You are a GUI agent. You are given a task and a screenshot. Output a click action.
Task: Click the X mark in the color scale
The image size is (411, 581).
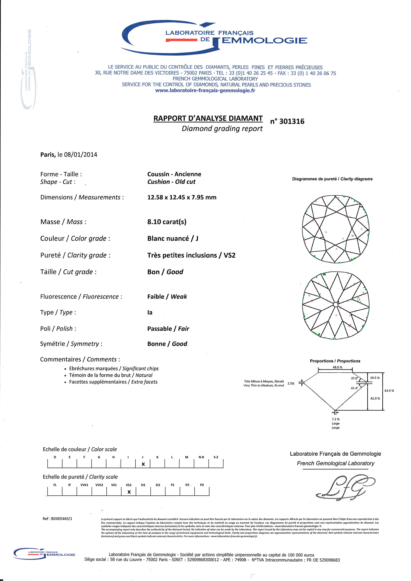point(143,464)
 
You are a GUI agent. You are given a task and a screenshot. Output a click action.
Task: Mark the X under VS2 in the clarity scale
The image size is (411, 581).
point(129,492)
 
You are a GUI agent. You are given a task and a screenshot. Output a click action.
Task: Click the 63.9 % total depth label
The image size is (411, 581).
point(389,391)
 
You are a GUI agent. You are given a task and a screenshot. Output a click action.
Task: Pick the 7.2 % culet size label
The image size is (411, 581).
point(336,419)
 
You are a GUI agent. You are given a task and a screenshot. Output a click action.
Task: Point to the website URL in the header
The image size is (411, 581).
point(205,91)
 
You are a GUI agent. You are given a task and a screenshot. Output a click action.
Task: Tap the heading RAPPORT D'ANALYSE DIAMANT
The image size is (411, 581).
point(208,118)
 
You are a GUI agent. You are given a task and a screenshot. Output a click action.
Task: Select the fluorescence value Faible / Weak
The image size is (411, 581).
point(167,297)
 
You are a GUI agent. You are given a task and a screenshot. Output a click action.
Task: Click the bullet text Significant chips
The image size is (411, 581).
point(141,368)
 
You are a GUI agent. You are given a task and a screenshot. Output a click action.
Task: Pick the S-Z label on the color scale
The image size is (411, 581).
point(216,457)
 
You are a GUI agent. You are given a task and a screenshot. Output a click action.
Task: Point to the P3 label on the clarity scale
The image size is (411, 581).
point(202,485)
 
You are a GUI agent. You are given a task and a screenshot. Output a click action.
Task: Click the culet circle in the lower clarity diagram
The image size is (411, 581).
point(336,304)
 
